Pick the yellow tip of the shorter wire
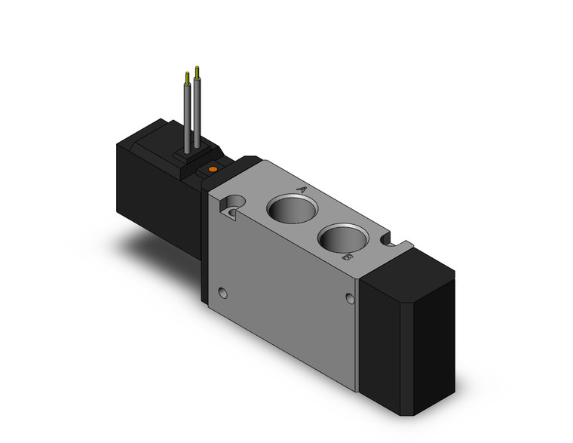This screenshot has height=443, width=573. tap(186, 76)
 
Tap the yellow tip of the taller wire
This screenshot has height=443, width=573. tap(198, 71)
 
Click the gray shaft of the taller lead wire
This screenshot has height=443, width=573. tap(198, 113)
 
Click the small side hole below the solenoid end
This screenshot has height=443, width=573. tap(221, 291)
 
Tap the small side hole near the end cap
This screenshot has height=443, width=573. tap(350, 300)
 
